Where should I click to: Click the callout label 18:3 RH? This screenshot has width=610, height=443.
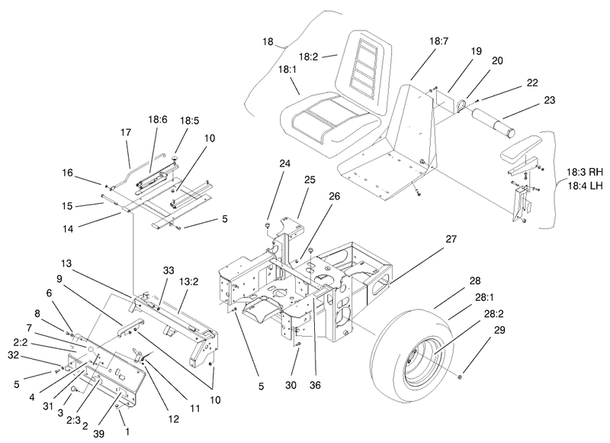coord(585,172)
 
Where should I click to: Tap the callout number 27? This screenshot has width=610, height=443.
coord(451,239)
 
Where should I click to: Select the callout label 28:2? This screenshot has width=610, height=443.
coord(491,314)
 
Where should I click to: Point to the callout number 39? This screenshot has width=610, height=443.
coord(99,433)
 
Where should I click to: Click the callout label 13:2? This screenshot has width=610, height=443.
coord(189,281)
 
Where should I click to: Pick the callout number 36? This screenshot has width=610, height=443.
coord(315,385)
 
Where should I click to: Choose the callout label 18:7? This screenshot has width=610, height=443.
coord(439,41)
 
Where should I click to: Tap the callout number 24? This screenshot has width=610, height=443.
coord(284,163)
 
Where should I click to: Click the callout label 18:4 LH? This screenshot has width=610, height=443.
coord(585,186)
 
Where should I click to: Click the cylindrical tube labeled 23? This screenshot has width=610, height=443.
coord(493,123)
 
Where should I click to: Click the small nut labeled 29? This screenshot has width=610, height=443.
coord(460,377)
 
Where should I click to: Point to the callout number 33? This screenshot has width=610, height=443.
coord(169,270)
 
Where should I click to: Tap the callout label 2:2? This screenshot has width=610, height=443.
coord(21,342)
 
